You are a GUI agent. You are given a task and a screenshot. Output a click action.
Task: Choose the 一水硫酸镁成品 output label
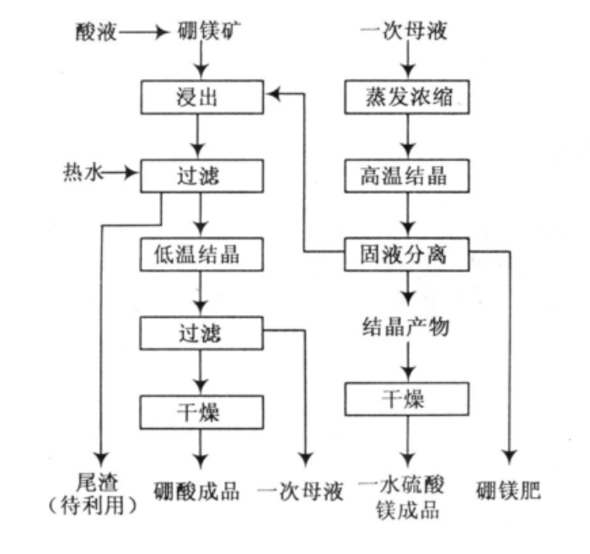point(406,497)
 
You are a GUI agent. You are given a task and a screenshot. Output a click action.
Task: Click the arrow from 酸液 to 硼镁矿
point(144,34)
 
